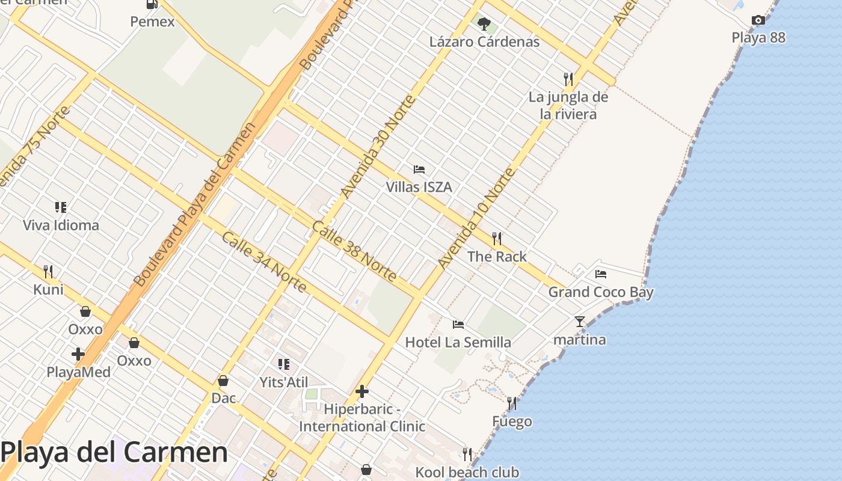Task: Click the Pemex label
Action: click(x=152, y=22)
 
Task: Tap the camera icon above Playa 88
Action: click(x=758, y=20)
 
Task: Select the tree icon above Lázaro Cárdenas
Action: click(x=484, y=24)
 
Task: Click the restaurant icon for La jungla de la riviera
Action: click(x=568, y=79)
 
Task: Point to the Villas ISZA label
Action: click(x=419, y=187)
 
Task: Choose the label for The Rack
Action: click(x=497, y=257)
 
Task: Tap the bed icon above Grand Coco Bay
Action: click(x=600, y=274)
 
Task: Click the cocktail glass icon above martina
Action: click(x=579, y=322)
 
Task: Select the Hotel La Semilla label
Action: click(x=458, y=343)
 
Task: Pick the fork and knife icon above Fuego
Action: click(x=512, y=403)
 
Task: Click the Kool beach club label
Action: click(x=467, y=473)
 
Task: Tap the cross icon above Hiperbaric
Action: click(x=362, y=391)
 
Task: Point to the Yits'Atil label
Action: click(x=283, y=382)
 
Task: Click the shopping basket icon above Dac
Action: click(x=223, y=381)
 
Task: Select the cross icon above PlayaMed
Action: click(x=78, y=354)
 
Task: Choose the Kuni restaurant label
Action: click(x=48, y=290)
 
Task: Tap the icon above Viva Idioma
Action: click(x=61, y=207)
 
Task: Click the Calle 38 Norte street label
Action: click(x=354, y=251)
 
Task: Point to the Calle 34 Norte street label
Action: click(x=264, y=262)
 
